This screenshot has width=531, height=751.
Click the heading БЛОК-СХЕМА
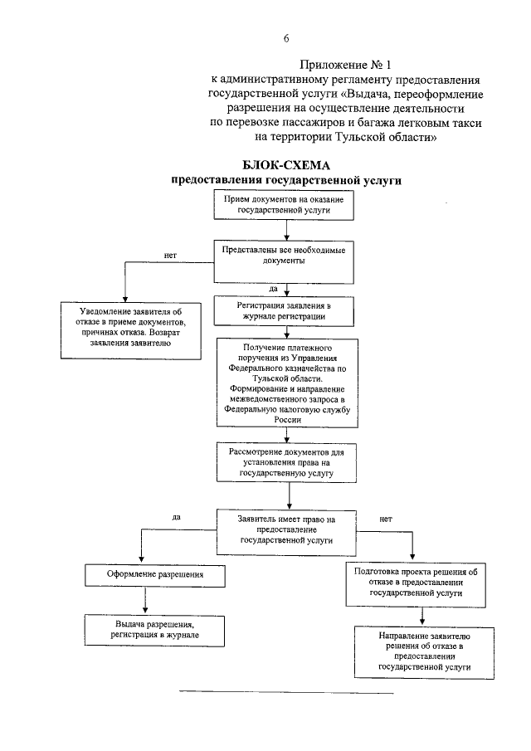pos(286,164)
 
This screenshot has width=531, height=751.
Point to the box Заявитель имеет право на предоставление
pos(286,529)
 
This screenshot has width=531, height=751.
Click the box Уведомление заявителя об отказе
pos(132,329)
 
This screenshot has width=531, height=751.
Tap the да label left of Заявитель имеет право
pos(176,517)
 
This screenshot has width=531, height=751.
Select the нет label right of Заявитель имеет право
pos(385,519)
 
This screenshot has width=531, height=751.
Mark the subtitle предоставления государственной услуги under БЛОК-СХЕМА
pos(286,179)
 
